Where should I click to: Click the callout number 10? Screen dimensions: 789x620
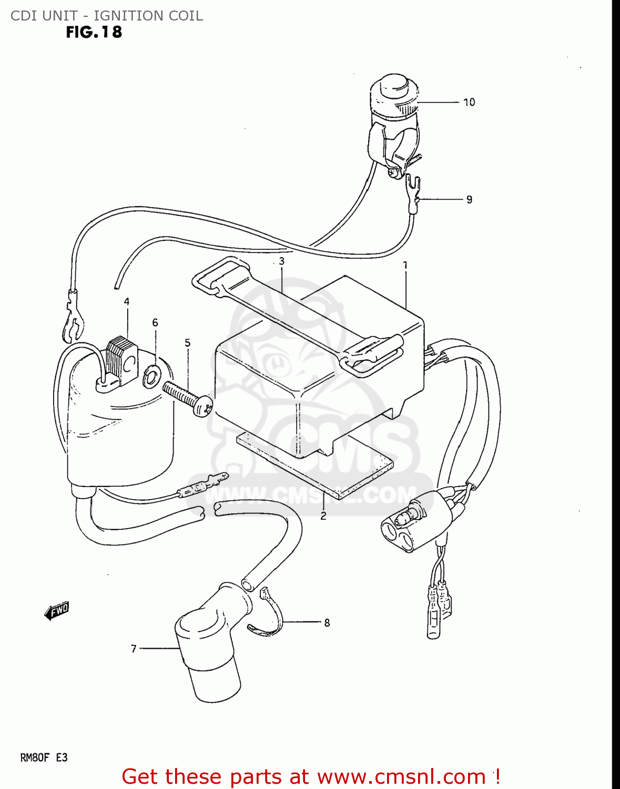pyautogui.click(x=469, y=102)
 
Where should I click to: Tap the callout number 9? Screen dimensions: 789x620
pyautogui.click(x=469, y=199)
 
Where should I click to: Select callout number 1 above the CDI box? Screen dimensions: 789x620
pyautogui.click(x=405, y=266)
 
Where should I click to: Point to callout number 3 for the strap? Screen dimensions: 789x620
pyautogui.click(x=282, y=261)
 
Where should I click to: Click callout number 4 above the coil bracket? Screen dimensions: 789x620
pyautogui.click(x=127, y=301)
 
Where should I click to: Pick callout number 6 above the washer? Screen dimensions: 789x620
pyautogui.click(x=155, y=322)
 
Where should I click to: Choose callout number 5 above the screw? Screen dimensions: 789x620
pyautogui.click(x=188, y=343)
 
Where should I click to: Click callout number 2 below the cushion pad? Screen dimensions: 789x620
pyautogui.click(x=323, y=516)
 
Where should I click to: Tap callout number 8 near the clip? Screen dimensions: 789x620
pyautogui.click(x=327, y=623)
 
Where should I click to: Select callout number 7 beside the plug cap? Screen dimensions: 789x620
pyautogui.click(x=134, y=649)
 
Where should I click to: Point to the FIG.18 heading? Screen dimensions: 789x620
pyautogui.click(x=94, y=33)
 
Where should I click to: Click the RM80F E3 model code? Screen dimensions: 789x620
pyautogui.click(x=44, y=758)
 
